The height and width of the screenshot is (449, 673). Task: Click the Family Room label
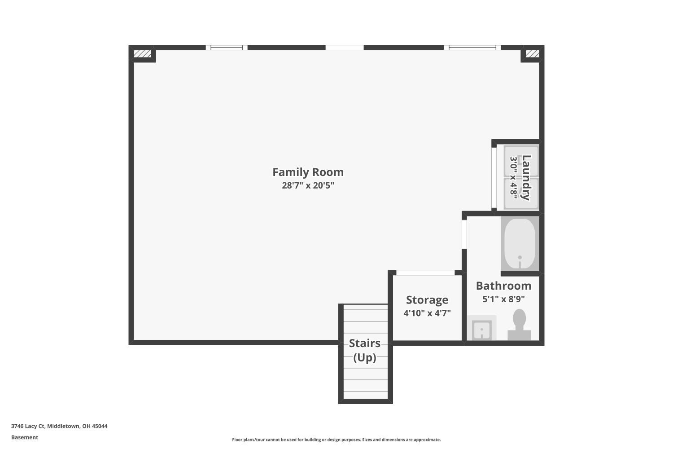[x=308, y=172]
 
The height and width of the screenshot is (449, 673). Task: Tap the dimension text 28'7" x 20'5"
[x=308, y=185]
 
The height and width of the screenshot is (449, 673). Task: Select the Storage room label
[x=427, y=300]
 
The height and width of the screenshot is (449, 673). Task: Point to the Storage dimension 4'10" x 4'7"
[x=427, y=313]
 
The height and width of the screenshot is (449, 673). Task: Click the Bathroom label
[x=503, y=286]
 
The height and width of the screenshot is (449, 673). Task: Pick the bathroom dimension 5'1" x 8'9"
[x=503, y=299]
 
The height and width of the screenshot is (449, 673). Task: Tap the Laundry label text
[x=526, y=177]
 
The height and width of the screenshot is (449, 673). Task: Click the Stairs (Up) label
[x=365, y=350]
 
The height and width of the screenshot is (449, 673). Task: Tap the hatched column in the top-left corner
[x=142, y=54]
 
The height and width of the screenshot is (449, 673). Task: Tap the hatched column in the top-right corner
[x=532, y=54]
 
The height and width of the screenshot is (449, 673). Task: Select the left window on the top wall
[x=227, y=48]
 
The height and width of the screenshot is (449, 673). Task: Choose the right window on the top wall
[x=472, y=48]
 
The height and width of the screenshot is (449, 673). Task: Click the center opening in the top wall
[x=345, y=48]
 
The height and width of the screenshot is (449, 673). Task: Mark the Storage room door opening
[x=425, y=273]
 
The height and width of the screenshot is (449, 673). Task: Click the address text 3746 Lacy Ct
[x=59, y=426]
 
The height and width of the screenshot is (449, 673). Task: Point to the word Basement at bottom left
[x=25, y=437]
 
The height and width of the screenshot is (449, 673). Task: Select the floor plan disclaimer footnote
[x=336, y=440]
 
